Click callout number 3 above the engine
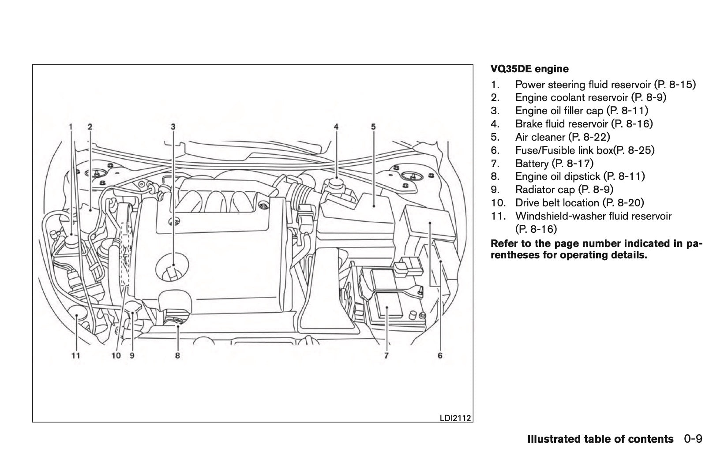coord(173,127)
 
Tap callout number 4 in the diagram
coord(336,127)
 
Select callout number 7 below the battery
coord(386,355)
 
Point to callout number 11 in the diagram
coord(76,355)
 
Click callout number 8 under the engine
coord(177,355)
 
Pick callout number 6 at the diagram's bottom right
coord(440,355)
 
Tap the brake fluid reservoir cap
coord(336,183)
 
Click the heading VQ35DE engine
coord(529,69)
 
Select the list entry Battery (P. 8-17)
coord(554,164)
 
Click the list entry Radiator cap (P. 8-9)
coord(564,190)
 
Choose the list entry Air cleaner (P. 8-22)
coord(563,137)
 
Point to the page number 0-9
coord(693,439)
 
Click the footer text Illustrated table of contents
coord(600,439)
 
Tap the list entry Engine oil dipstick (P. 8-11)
coord(580,176)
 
